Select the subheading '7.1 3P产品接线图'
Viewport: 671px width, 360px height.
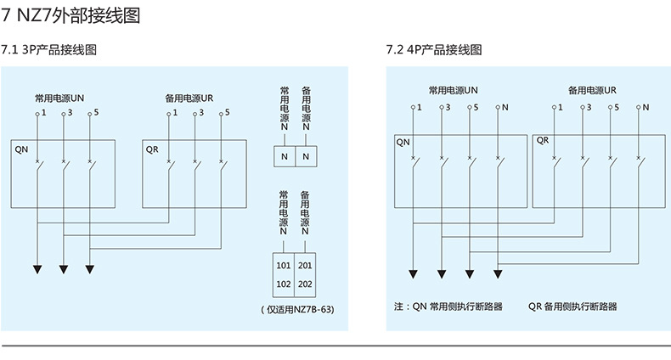tap(49, 50)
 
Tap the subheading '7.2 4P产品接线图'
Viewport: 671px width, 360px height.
tap(434, 50)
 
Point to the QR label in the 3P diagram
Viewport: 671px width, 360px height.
tap(153, 149)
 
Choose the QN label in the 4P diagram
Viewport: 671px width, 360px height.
tap(403, 142)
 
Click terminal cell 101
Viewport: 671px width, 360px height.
tap(284, 266)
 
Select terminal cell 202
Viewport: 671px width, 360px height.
tap(306, 284)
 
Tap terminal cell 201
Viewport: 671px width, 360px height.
tap(306, 266)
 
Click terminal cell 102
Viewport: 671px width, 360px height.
tap(284, 284)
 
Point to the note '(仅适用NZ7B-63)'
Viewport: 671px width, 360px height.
tap(297, 310)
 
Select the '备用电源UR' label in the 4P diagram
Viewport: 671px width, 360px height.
tap(592, 89)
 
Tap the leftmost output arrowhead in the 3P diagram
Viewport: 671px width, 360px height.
tap(38, 269)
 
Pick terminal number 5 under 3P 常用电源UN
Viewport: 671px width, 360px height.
tap(95, 112)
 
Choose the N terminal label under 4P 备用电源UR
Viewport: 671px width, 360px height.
tap(646, 107)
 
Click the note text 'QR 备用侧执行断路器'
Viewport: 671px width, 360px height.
tap(572, 307)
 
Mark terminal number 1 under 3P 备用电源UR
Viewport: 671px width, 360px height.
tap(174, 112)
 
